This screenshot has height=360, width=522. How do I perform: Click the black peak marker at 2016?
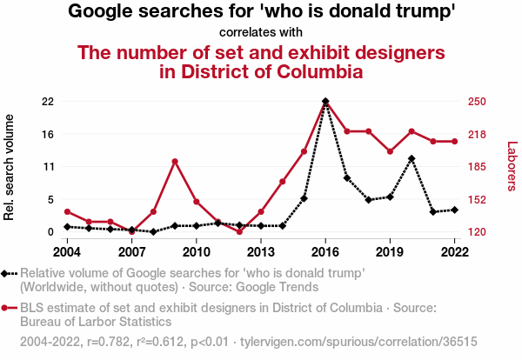click(325, 102)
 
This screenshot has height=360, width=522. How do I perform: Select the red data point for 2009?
click(175, 162)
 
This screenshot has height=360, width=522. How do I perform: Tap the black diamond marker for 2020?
click(412, 159)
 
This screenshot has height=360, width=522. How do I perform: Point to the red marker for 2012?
click(239, 231)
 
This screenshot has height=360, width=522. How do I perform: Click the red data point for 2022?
click(454, 142)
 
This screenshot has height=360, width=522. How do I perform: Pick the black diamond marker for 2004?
click(67, 227)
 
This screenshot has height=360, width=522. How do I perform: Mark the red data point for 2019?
click(390, 151)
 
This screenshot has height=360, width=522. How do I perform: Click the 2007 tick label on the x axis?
click(131, 251)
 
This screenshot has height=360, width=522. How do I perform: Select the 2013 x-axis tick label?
click(260, 251)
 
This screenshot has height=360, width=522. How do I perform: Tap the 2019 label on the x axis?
click(390, 251)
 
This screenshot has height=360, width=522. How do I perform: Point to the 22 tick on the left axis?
click(47, 102)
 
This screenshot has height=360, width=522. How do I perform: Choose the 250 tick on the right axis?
click(475, 102)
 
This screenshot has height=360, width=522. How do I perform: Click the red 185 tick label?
click(475, 166)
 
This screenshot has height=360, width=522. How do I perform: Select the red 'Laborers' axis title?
click(512, 166)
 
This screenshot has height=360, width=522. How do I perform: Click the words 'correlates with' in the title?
click(261, 33)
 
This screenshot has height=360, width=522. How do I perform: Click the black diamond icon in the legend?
click(6, 273)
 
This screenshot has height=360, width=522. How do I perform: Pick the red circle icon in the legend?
click(6, 308)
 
